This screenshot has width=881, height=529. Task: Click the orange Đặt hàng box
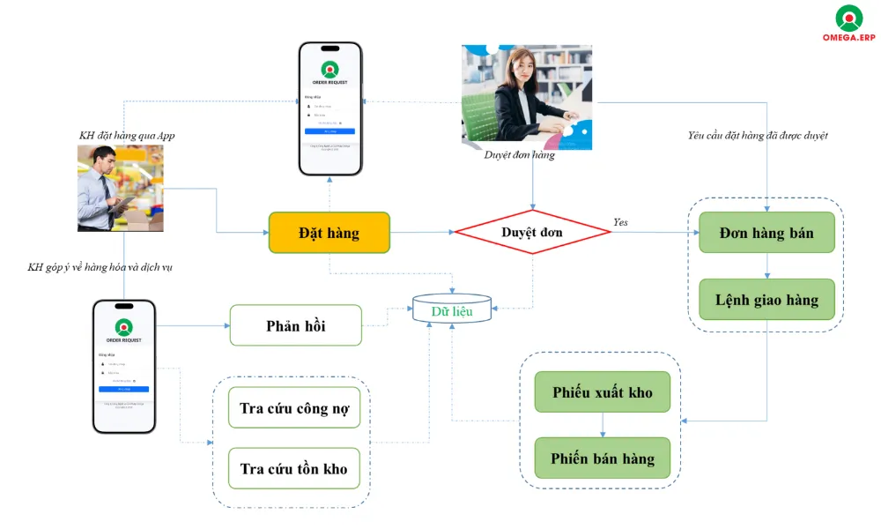(x=329, y=233)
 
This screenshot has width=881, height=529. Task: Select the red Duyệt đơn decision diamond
(x=532, y=233)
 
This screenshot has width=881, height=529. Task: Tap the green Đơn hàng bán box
(x=766, y=233)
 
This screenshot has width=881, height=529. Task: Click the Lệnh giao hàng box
(x=766, y=300)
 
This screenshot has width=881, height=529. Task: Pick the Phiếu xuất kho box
(x=602, y=391)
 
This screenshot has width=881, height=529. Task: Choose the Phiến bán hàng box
(x=602, y=458)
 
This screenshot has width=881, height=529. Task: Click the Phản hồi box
(x=295, y=325)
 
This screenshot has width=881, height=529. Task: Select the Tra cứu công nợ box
(x=293, y=408)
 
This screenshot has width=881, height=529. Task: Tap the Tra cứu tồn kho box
(x=293, y=468)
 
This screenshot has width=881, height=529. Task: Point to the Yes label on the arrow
(x=620, y=222)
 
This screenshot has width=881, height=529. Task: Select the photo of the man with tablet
(x=120, y=188)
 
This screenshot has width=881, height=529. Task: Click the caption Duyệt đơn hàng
(x=520, y=155)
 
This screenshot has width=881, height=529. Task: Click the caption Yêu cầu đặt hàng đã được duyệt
(x=757, y=135)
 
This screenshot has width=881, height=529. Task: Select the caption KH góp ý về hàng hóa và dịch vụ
(x=100, y=266)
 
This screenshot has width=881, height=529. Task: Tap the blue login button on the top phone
(x=330, y=130)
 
